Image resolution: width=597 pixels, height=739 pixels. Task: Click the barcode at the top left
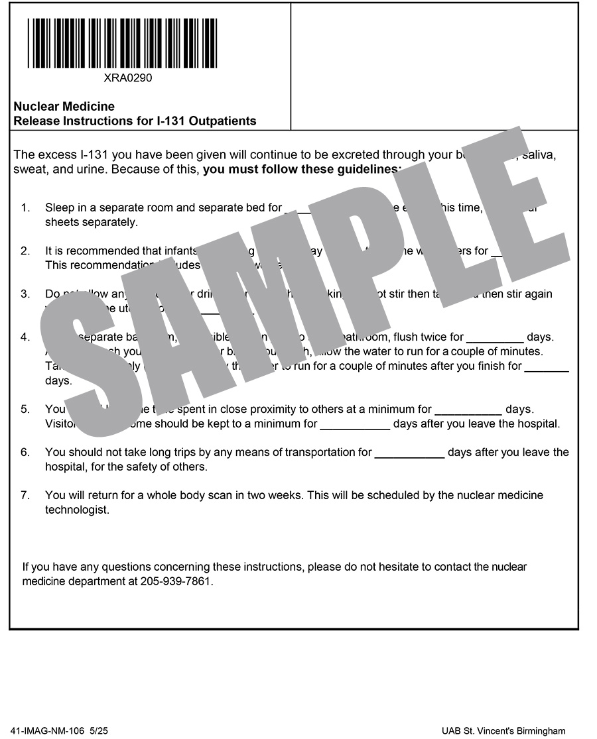(x=122, y=43)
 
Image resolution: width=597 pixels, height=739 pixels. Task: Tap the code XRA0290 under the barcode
(x=128, y=78)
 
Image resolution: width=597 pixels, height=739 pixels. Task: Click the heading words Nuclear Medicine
(x=64, y=106)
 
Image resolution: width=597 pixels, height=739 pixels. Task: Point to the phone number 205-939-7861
(x=176, y=581)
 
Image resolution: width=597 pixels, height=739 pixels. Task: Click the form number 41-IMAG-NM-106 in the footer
(x=48, y=730)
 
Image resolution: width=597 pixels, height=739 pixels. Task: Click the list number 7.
(x=25, y=495)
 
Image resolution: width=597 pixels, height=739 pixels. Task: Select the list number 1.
(x=25, y=207)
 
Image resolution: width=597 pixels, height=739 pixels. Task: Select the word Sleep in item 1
(x=58, y=207)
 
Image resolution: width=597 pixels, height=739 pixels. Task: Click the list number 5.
(x=25, y=410)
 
